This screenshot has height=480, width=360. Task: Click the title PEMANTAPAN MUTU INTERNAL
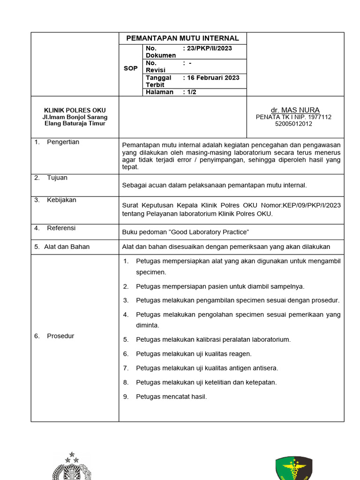(183, 38)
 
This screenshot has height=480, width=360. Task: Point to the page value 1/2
(191, 92)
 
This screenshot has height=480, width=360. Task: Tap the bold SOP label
(131, 68)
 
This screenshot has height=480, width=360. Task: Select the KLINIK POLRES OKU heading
(75, 110)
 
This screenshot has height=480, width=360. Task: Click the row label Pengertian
(63, 142)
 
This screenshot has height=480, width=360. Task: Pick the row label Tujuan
(57, 178)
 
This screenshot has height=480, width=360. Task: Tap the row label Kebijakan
(61, 200)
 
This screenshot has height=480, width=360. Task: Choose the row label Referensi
(61, 228)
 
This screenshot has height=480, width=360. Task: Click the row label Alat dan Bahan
(67, 247)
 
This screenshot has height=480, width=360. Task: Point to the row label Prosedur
(60, 336)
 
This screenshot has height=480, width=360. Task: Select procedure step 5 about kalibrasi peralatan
(213, 339)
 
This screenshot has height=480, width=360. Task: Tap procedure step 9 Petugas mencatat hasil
(171, 397)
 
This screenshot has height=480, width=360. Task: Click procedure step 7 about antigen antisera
(207, 368)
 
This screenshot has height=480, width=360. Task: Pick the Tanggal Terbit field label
(158, 81)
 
